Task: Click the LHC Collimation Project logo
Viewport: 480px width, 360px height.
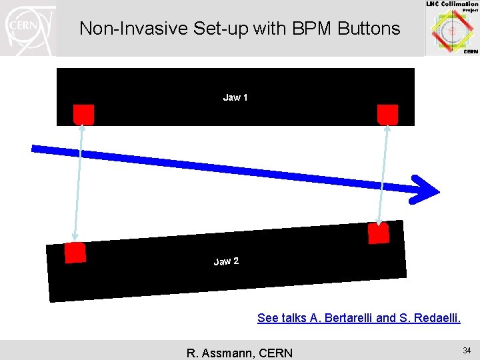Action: point(453,28)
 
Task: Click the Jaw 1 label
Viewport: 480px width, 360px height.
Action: point(235,98)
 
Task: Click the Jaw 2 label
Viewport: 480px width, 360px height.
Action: point(226,261)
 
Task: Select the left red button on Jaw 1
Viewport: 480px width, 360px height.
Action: point(83,114)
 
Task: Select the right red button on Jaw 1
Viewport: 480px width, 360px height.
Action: point(387,114)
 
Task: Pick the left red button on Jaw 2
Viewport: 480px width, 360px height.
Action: point(75,253)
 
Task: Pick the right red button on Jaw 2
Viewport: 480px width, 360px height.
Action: point(378,233)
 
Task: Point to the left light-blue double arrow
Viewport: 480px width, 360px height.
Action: point(79,183)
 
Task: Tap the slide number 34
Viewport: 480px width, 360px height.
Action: point(467,351)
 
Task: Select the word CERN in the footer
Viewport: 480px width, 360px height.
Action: point(274,353)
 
